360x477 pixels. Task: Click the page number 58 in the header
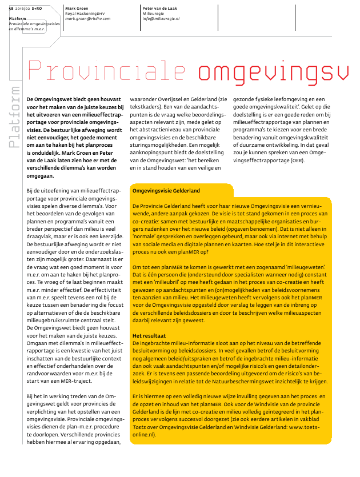coord(11,9)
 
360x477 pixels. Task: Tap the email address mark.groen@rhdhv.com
coord(88,19)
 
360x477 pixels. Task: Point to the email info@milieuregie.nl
coord(161,19)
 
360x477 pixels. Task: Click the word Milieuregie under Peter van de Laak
coord(154,14)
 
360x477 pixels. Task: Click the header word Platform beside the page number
coord(18,19)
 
